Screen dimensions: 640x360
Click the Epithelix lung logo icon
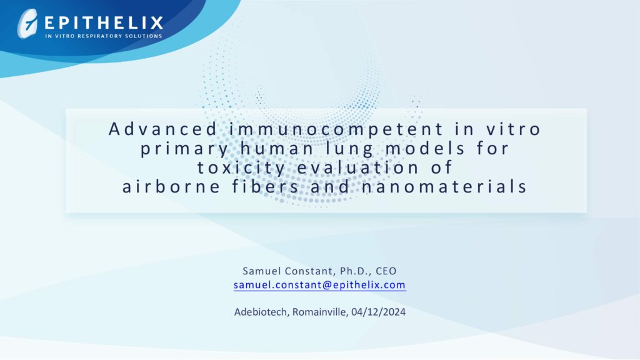click(27, 24)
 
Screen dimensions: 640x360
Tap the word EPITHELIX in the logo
click(104, 23)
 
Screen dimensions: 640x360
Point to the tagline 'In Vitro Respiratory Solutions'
click(104, 36)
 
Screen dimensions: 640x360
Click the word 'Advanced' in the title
click(163, 129)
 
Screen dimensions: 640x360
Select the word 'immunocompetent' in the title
click(336, 129)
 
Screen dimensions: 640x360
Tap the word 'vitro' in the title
click(514, 129)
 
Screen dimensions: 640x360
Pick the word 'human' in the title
click(277, 148)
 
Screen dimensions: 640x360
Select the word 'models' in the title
click(425, 148)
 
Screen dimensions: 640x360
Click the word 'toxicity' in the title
click(241, 168)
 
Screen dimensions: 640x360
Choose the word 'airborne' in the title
click(171, 187)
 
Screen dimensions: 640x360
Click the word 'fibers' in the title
click(266, 187)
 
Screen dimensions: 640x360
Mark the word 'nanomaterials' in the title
click(444, 187)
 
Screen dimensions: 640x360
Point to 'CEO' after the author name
click(386, 271)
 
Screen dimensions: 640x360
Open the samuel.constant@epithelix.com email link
click(319, 285)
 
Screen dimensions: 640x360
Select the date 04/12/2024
click(378, 312)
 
